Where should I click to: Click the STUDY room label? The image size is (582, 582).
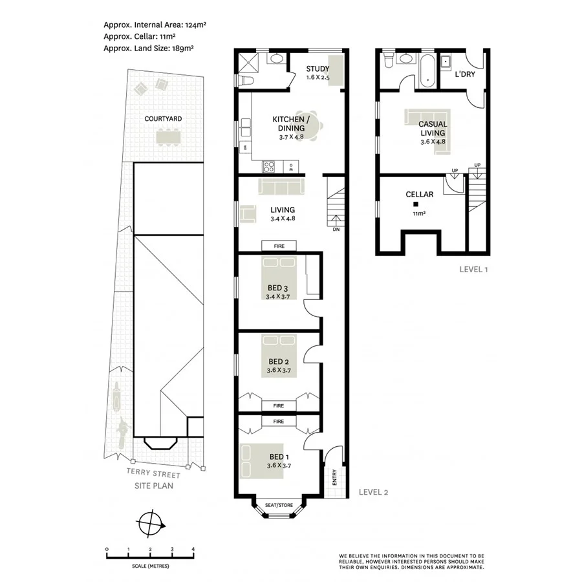[x=318, y=70]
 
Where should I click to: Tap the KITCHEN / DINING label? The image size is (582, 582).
[x=291, y=124]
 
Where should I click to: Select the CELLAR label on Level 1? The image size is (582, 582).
[x=419, y=194]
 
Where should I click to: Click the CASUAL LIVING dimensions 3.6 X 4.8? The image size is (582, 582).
[x=432, y=142]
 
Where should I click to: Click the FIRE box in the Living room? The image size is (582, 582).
[x=279, y=246]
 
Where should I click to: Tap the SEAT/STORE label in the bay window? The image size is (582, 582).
[x=279, y=505]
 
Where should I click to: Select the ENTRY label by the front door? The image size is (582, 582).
[x=334, y=477]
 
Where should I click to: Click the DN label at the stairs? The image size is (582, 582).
[x=336, y=229]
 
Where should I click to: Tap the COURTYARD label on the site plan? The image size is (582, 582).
[x=163, y=119]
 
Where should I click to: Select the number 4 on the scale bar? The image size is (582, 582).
[x=193, y=549]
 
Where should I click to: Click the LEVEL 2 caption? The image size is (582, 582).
[x=373, y=492]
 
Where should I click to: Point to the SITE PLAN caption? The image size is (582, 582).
[x=153, y=484]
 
